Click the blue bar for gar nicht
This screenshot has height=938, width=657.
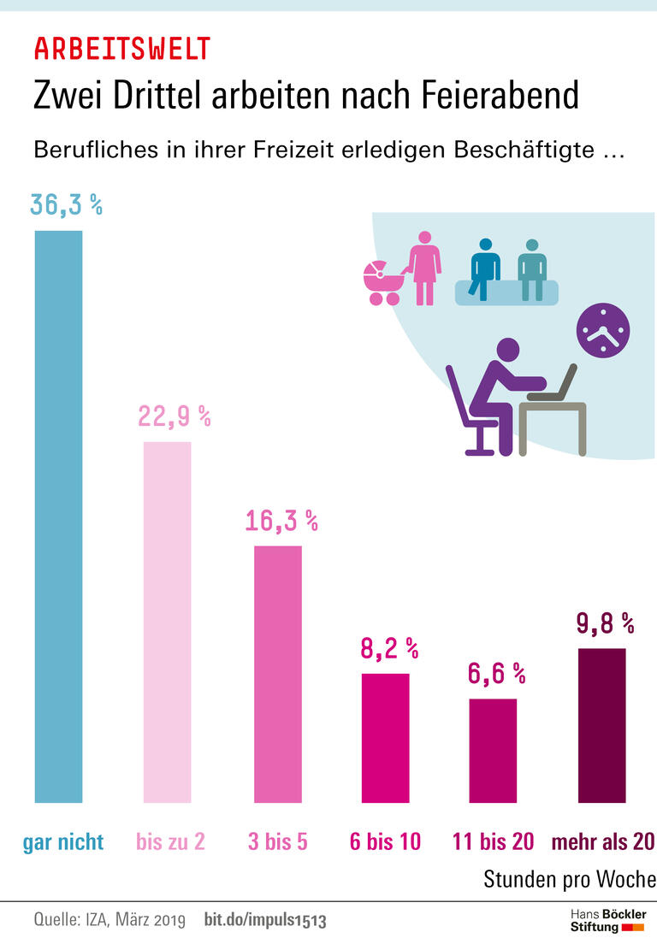click(x=58, y=516)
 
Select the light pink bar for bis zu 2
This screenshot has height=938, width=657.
click(x=167, y=622)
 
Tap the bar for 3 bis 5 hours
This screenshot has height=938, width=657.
click(x=278, y=674)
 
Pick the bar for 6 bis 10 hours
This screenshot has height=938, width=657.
click(x=385, y=738)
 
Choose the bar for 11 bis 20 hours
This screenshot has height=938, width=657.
click(x=493, y=751)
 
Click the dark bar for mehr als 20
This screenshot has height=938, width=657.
click(x=601, y=725)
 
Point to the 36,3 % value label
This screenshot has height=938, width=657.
click(x=66, y=205)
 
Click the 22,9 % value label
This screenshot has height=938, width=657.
click(x=174, y=416)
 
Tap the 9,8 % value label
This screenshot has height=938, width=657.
click(x=605, y=623)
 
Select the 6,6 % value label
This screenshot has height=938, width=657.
click(x=496, y=674)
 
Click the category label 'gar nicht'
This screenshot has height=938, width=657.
click(x=62, y=841)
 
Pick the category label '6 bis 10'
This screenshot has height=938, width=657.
click(x=385, y=841)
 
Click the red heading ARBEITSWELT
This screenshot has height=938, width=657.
click(x=121, y=49)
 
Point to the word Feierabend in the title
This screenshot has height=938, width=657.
click(x=500, y=95)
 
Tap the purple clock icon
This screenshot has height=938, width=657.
click(x=602, y=330)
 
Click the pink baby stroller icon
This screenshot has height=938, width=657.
click(x=383, y=283)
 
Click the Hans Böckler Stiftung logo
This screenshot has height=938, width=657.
click(x=608, y=920)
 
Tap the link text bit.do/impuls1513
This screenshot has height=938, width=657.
click(x=265, y=921)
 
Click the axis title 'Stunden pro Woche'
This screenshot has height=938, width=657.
click(x=570, y=879)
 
